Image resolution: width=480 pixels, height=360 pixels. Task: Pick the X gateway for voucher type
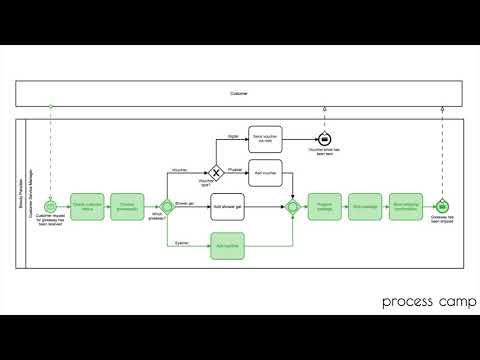[x=213, y=172]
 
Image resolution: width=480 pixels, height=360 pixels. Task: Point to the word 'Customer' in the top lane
[x=240, y=94]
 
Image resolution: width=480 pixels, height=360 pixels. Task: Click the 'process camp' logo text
[x=421, y=301]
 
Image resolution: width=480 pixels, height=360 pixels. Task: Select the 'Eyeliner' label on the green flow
[x=181, y=241]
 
